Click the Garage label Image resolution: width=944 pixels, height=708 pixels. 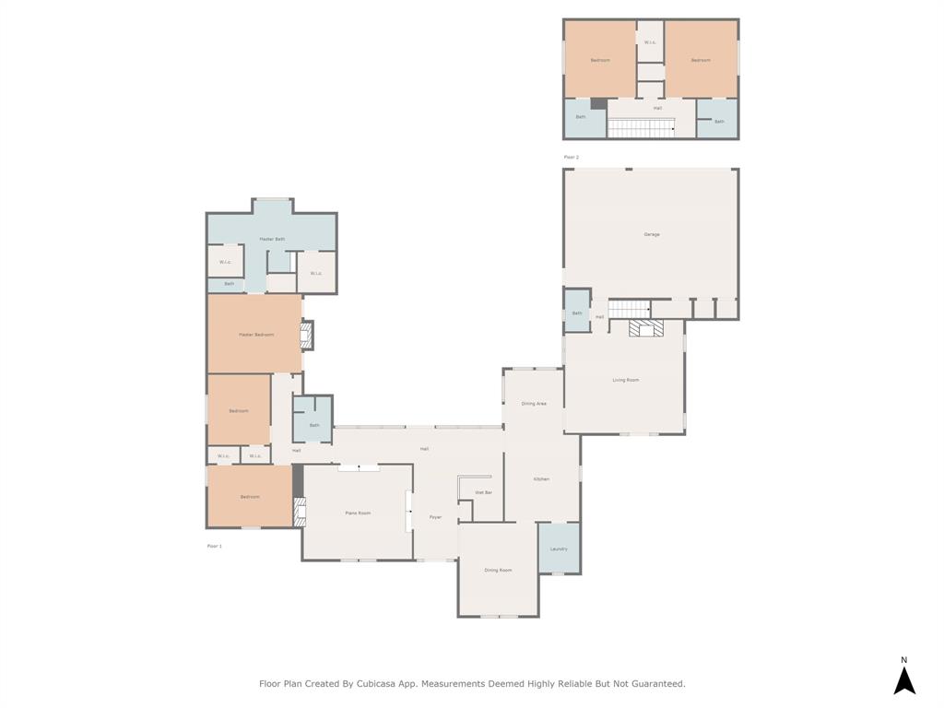click(x=651, y=234)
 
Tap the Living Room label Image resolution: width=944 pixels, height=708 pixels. click(x=625, y=380)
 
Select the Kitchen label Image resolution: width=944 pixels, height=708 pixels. click(x=541, y=478)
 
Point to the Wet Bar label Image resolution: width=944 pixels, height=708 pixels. click(x=483, y=493)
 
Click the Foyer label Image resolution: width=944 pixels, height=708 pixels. click(x=435, y=517)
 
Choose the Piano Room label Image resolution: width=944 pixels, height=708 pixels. click(x=358, y=513)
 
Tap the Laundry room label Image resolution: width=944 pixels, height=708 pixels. click(x=559, y=549)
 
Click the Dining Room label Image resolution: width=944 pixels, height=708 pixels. click(x=498, y=570)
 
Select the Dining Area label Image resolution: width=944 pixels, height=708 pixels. click(x=534, y=404)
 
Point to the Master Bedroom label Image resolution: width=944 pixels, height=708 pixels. click(x=256, y=335)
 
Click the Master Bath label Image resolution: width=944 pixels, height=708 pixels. click(x=272, y=239)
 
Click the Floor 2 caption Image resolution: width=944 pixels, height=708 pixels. click(x=572, y=158)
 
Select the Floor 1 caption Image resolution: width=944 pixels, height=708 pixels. click(x=214, y=546)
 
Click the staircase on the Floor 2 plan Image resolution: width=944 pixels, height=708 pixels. click(x=640, y=128)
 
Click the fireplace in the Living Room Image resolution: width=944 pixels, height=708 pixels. click(x=646, y=328)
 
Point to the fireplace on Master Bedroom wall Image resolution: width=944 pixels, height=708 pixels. click(x=308, y=335)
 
